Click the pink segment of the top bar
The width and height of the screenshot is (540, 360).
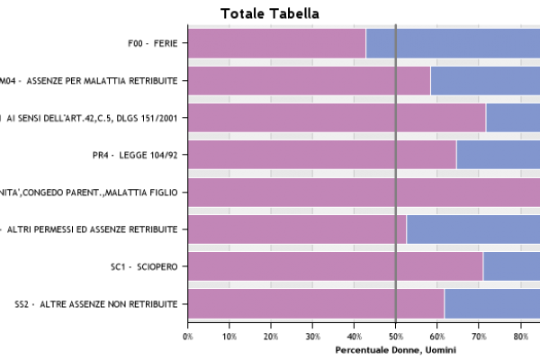(x=276, y=43)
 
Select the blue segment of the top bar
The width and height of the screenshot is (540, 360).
(x=468, y=43)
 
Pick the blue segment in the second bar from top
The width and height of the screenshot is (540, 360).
(x=485, y=81)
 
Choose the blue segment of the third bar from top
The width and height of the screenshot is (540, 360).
(x=513, y=118)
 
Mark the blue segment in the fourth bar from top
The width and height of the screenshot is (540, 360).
(x=498, y=155)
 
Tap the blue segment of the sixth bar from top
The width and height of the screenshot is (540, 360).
(x=473, y=229)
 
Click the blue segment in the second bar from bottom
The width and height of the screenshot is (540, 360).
(x=511, y=265)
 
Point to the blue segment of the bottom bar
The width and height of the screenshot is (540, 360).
(x=492, y=303)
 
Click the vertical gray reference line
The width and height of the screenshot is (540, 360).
(x=395, y=173)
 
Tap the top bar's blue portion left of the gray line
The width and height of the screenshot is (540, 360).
(x=380, y=43)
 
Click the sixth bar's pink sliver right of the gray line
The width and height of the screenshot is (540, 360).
(x=401, y=229)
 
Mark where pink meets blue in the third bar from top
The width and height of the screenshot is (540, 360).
(x=486, y=118)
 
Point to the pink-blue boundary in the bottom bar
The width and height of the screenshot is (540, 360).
(x=445, y=303)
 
